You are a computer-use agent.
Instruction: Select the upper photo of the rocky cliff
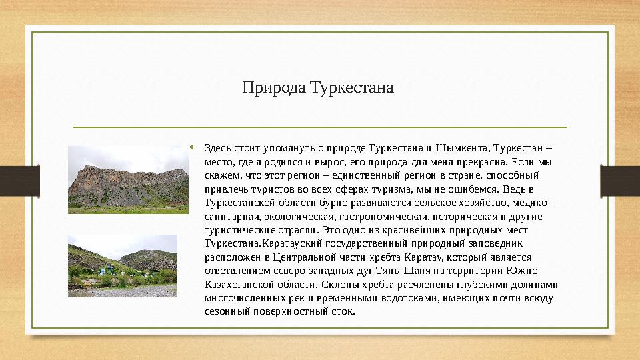coord(119,180)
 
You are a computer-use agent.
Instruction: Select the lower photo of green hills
coord(122,265)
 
